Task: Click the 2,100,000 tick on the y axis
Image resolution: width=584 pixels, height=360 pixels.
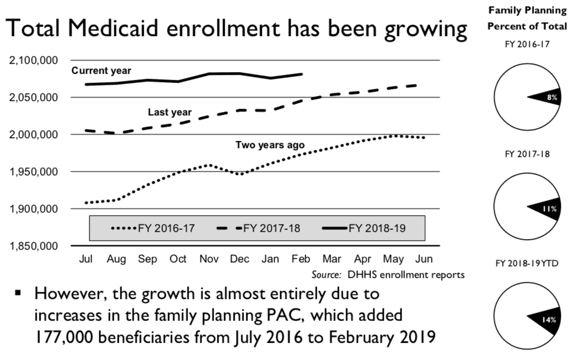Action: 35,60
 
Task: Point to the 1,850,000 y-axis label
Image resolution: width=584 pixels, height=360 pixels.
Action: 35,246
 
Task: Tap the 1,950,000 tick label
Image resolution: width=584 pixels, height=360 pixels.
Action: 35,172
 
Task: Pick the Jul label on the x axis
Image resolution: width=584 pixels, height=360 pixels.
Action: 86,259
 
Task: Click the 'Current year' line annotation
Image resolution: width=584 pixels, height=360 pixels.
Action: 101,70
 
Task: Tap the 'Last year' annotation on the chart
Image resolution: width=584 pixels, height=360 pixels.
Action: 169,112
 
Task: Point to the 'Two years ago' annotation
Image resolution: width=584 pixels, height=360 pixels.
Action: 270,145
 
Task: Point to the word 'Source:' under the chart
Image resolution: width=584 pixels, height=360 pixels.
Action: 326,275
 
